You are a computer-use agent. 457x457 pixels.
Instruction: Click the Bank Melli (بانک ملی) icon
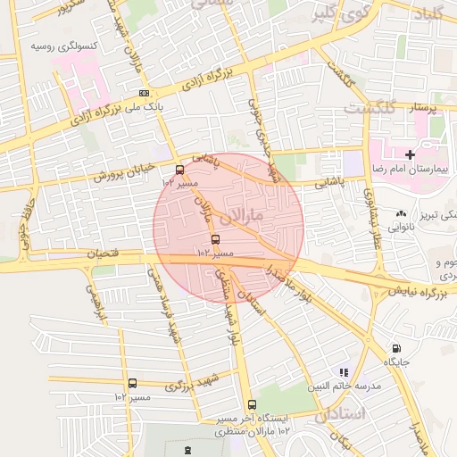(145, 93)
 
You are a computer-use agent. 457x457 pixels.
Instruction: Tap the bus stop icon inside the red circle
(215, 239)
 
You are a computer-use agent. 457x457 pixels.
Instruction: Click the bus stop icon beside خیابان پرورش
(180, 169)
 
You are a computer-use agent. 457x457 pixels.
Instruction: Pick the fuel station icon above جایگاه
(396, 349)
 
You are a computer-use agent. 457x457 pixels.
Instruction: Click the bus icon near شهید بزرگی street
(132, 383)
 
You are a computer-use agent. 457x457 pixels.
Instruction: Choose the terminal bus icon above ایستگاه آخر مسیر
(251, 404)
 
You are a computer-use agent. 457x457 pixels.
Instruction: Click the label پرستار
(424, 108)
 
